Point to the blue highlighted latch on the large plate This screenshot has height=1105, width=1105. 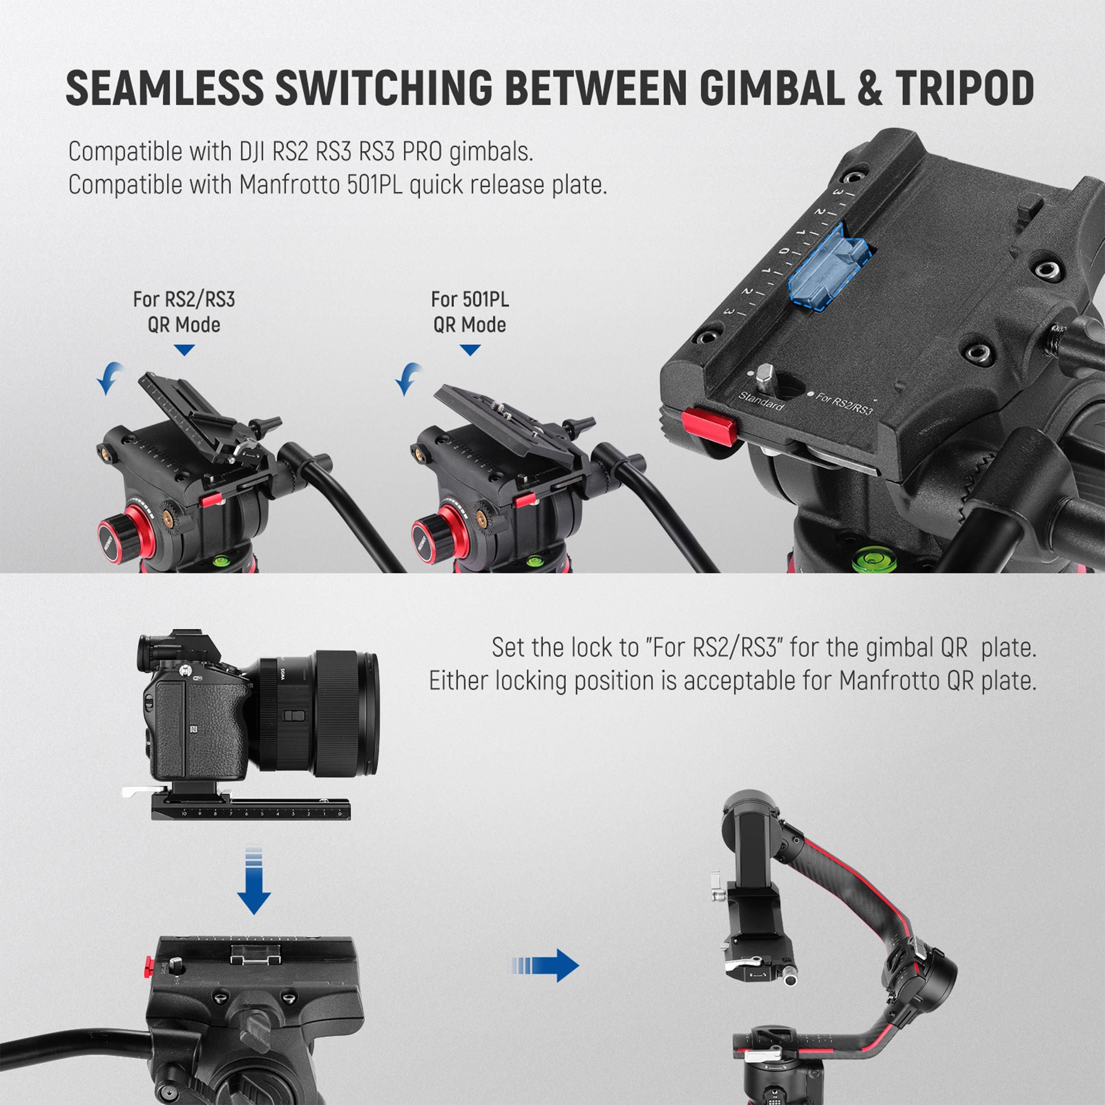[x=828, y=268]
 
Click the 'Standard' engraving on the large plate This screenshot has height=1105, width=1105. [x=761, y=401]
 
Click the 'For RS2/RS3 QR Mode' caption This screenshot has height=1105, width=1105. [x=184, y=312]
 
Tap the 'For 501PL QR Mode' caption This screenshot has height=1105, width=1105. [x=470, y=312]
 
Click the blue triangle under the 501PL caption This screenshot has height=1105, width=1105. [x=470, y=350]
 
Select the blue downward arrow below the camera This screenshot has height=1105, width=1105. [x=253, y=880]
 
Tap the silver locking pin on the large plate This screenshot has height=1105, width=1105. [x=765, y=376]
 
